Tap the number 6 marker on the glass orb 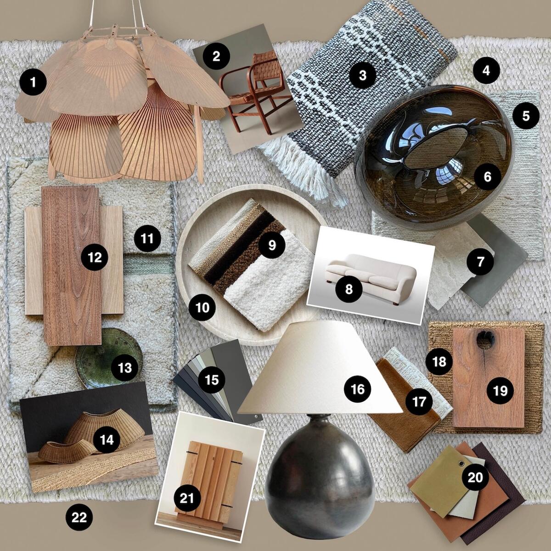(487, 176)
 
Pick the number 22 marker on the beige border (79, 517)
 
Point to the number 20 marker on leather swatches (475, 478)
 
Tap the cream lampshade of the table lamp (317, 367)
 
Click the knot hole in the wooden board (485, 340)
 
